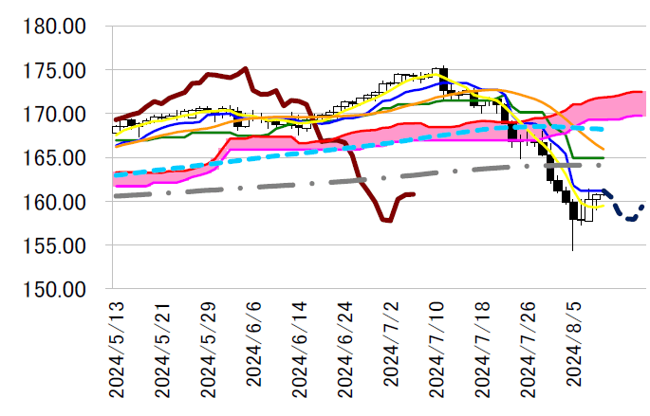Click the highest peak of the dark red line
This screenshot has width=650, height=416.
tap(246, 68)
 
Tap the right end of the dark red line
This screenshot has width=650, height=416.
tap(415, 194)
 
